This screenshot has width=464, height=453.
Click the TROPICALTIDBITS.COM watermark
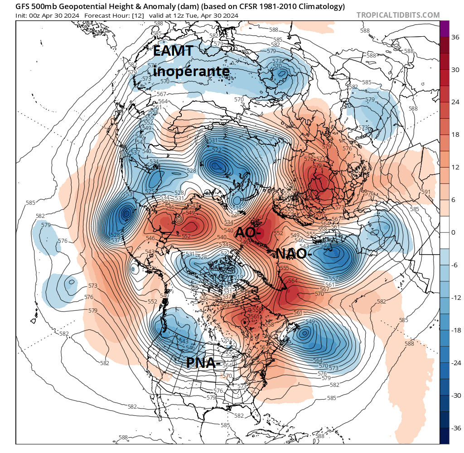click(x=398, y=15)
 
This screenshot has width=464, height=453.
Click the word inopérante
click(x=191, y=71)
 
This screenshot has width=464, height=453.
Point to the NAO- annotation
click(x=294, y=254)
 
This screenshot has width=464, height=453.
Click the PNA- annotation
click(x=203, y=362)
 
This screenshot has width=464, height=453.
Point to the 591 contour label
click(x=426, y=192)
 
